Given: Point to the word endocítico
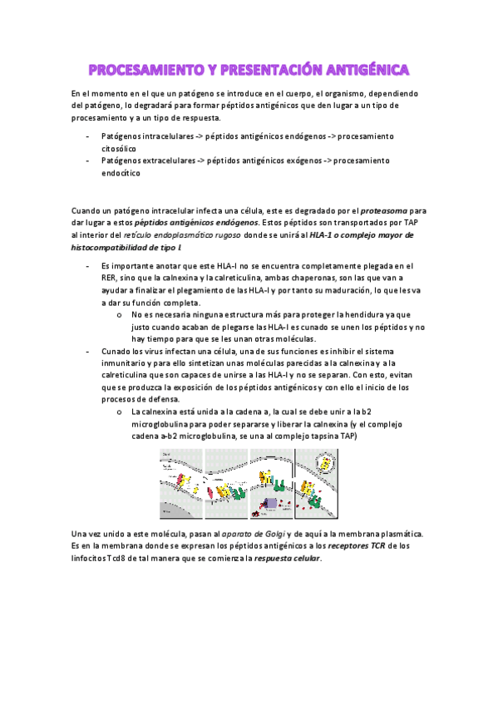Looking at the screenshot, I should click(121, 174).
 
